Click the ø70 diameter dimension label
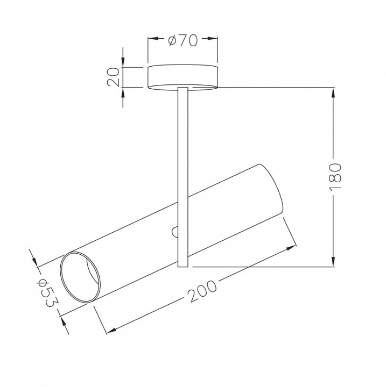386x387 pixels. coord(183,40)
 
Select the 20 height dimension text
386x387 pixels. coord(114,77)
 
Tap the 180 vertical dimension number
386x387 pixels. coord(335,175)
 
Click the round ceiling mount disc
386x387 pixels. coord(183,77)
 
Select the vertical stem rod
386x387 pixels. coord(183,177)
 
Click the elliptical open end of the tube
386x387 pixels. coord(80,277)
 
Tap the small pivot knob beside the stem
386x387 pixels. coord(175,232)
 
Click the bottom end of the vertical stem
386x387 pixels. coord(183,267)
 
